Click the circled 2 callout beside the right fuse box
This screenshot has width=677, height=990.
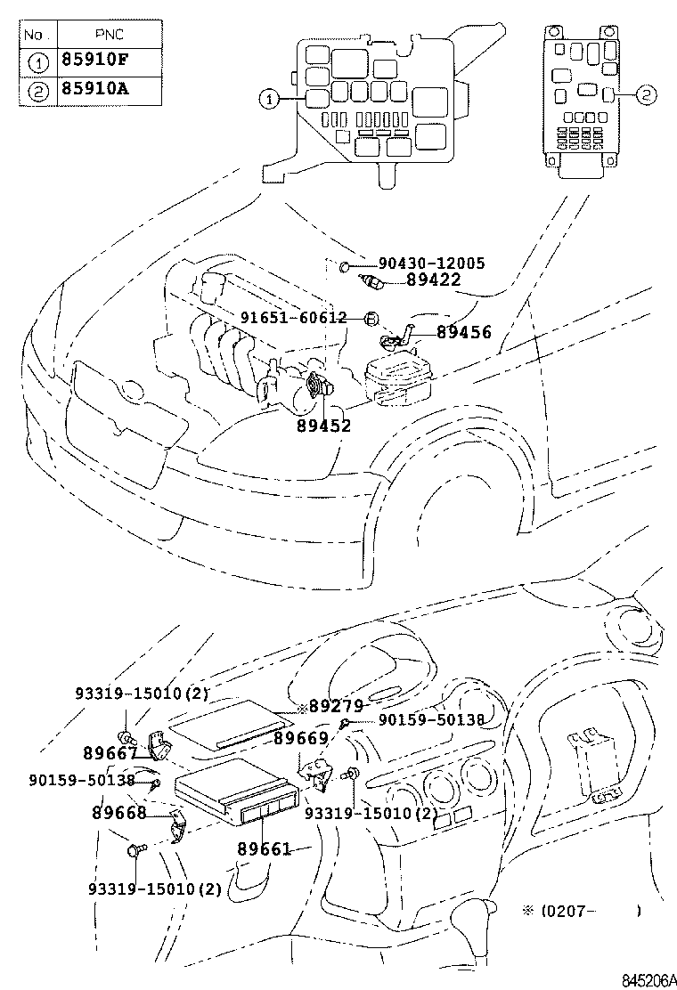(x=647, y=94)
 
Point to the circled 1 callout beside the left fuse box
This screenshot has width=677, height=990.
(x=267, y=99)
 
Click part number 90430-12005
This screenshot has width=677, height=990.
(x=431, y=264)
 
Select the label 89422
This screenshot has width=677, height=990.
(x=433, y=280)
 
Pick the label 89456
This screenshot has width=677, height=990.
(x=463, y=332)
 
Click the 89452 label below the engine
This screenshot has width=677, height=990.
(x=323, y=426)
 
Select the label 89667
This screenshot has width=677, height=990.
(x=110, y=753)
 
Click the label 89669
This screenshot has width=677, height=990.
(x=300, y=738)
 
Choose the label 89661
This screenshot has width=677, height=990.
(x=264, y=849)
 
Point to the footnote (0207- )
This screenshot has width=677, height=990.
(x=583, y=911)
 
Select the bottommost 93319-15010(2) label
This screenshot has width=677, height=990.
(x=154, y=888)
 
